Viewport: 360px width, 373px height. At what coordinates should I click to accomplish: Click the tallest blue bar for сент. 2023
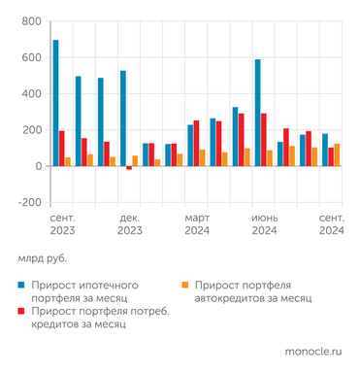(x=55, y=103)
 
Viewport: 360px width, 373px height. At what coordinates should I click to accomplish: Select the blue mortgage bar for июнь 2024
(x=257, y=113)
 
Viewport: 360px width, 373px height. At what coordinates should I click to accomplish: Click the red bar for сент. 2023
(x=62, y=149)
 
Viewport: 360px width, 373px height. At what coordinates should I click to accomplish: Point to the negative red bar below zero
(x=129, y=168)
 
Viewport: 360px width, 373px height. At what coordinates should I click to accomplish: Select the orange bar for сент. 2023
(x=68, y=162)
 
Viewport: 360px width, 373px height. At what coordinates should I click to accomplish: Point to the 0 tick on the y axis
(x=37, y=167)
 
